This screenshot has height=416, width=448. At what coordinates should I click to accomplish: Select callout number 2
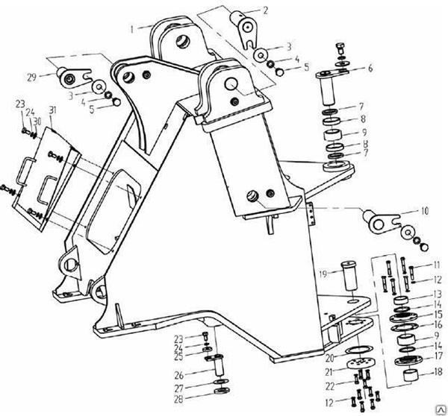(264, 10)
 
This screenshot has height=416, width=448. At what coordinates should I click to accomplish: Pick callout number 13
(437, 294)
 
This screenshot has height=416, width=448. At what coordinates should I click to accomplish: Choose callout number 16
(438, 324)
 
